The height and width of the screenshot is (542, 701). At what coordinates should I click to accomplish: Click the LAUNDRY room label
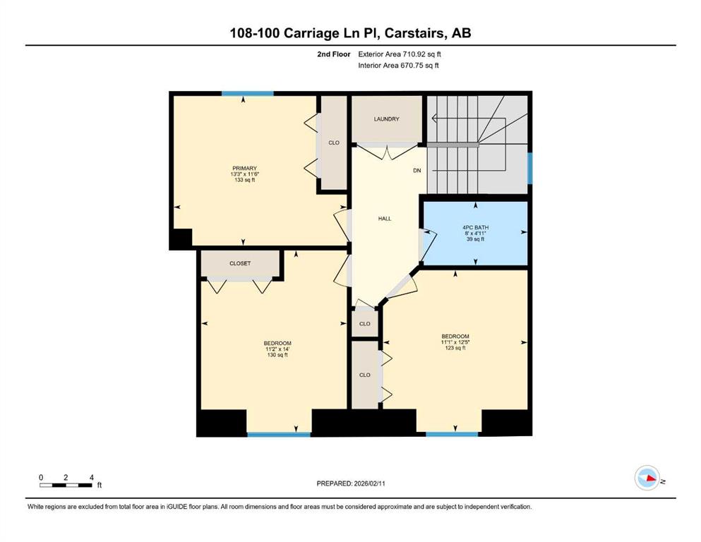(x=387, y=119)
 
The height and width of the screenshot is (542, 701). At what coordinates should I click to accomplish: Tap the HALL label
(x=385, y=219)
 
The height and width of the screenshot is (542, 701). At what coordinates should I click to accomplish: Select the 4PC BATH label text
(x=476, y=227)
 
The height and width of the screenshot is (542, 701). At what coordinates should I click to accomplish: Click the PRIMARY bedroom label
(x=244, y=169)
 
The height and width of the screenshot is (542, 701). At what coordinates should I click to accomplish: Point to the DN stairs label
(x=417, y=171)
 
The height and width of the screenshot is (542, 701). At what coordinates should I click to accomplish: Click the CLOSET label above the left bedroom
(x=240, y=264)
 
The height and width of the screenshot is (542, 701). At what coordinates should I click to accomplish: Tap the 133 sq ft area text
(x=244, y=180)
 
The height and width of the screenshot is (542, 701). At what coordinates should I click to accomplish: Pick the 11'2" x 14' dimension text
(x=277, y=349)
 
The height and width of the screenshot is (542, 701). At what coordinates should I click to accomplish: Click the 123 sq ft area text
(x=455, y=348)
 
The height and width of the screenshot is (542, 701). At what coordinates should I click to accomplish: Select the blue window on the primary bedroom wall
(x=248, y=93)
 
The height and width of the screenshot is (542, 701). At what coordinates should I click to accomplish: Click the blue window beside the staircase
(x=529, y=168)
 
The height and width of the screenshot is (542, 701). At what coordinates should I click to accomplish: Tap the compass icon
(x=647, y=478)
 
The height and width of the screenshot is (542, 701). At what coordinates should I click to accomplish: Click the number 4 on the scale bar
(x=92, y=477)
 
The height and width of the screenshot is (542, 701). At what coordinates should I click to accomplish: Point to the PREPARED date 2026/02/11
(x=370, y=483)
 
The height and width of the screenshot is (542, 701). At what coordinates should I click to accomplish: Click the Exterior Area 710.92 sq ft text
(x=400, y=54)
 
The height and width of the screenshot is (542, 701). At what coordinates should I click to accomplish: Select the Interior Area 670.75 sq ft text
(x=398, y=66)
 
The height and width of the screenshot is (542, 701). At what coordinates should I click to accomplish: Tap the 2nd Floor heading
(x=334, y=54)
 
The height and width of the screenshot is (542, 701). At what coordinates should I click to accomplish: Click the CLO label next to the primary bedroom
(x=334, y=143)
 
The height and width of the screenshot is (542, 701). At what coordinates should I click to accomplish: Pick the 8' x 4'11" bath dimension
(x=476, y=233)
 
